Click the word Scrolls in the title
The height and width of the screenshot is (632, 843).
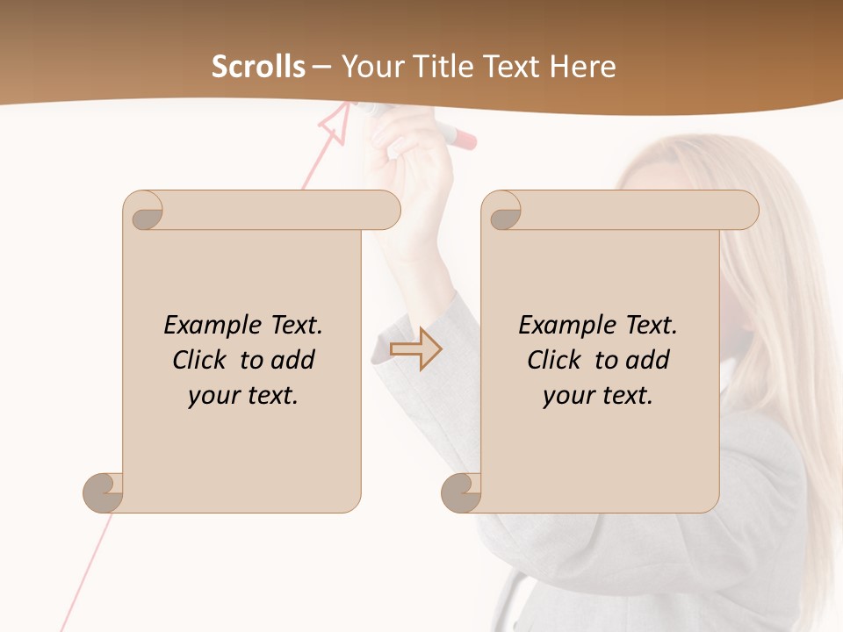click(258, 67)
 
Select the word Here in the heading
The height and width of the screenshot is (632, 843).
click(583, 67)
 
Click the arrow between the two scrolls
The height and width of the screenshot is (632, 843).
click(416, 349)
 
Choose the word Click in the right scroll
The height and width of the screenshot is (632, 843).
click(554, 360)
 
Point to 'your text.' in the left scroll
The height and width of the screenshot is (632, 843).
click(243, 396)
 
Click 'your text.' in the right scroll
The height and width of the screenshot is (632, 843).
click(598, 396)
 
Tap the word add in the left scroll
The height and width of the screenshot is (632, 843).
click(292, 360)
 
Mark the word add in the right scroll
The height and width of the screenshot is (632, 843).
click(647, 360)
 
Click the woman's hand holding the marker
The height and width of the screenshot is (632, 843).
click(408, 149)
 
